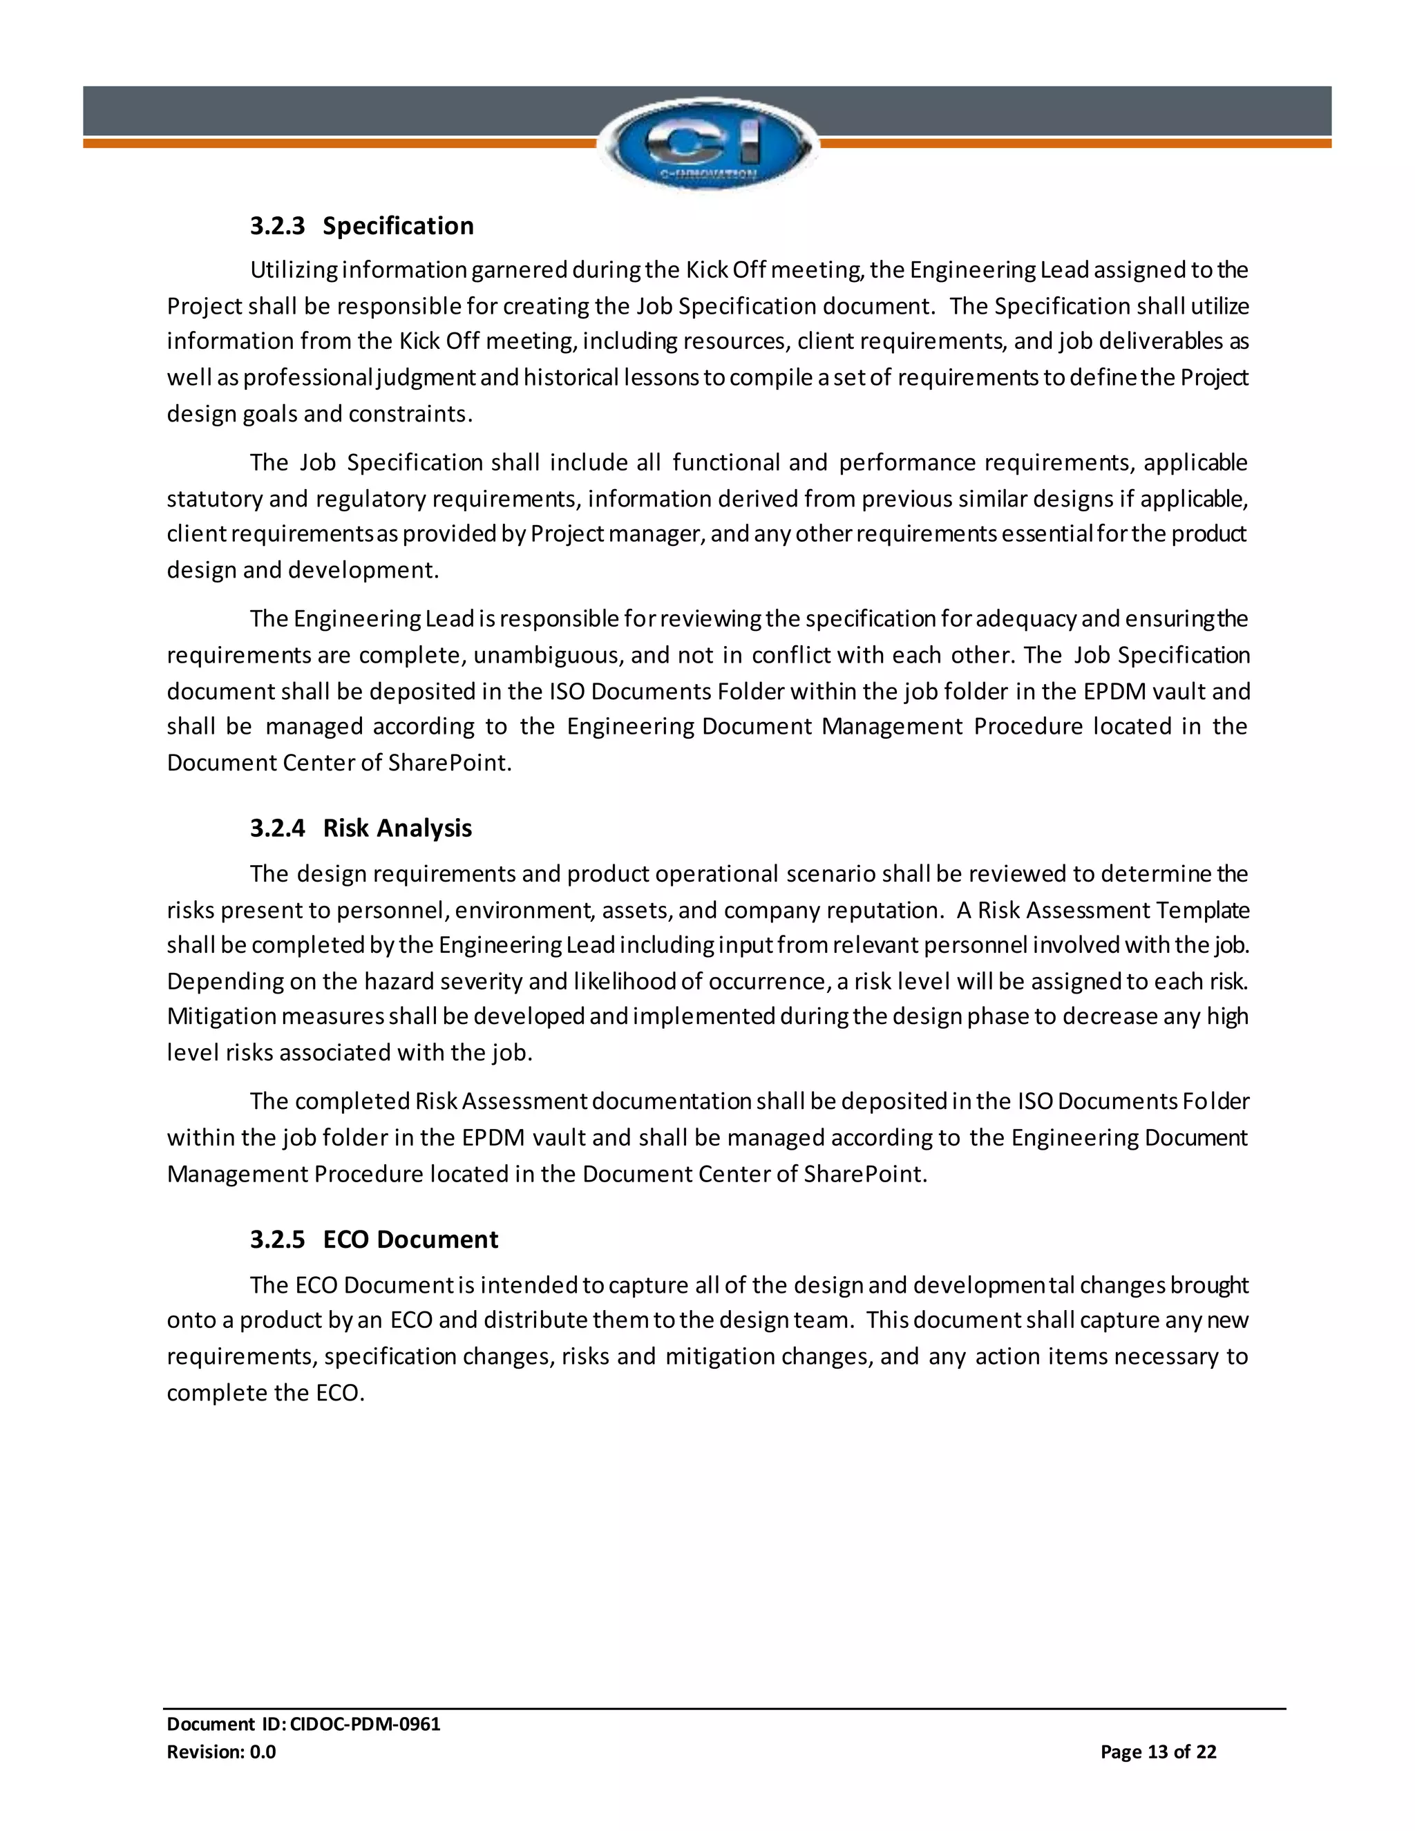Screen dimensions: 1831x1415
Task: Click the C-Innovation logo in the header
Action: tap(707, 144)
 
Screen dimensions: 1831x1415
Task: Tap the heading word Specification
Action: tap(398, 227)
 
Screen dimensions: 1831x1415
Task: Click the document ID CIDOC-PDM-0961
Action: tap(365, 1724)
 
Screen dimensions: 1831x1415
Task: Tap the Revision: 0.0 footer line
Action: tap(221, 1752)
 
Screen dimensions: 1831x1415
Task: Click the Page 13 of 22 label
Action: tap(1158, 1752)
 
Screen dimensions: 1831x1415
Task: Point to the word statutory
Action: tap(213, 500)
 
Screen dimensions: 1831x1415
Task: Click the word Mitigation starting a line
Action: tap(220, 1017)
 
